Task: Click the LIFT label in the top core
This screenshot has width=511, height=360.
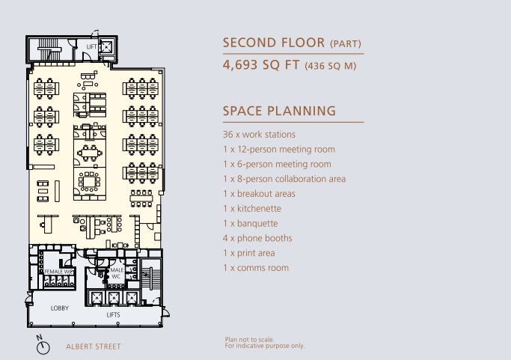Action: pyautogui.click(x=91, y=47)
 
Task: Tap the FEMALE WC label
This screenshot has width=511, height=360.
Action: pyautogui.click(x=58, y=272)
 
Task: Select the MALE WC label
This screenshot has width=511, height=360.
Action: pyautogui.click(x=117, y=273)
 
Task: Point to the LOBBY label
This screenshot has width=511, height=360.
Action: pyautogui.click(x=60, y=308)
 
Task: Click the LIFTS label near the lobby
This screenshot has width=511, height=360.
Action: pyautogui.click(x=113, y=315)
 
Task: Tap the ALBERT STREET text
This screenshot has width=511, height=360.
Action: pyautogui.click(x=94, y=347)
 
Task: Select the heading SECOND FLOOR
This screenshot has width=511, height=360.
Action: pyautogui.click(x=274, y=43)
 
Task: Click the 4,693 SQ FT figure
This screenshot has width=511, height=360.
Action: pyautogui.click(x=261, y=64)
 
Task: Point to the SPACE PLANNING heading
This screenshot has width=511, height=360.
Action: pyautogui.click(x=279, y=111)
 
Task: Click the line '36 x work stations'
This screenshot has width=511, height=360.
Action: pyautogui.click(x=259, y=135)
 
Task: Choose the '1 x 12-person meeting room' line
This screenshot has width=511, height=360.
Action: pyautogui.click(x=279, y=150)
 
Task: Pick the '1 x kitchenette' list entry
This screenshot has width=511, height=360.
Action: pyautogui.click(x=252, y=209)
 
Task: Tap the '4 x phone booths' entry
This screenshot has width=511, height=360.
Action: pyautogui.click(x=257, y=238)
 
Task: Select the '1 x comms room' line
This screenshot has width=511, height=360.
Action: pyautogui.click(x=256, y=268)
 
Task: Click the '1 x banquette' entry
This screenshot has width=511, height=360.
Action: pyautogui.click(x=251, y=224)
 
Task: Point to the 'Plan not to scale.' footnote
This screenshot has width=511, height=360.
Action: pyautogui.click(x=250, y=340)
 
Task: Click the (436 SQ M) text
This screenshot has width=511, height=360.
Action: pyautogui.click(x=331, y=66)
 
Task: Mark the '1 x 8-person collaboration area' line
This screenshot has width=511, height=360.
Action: pyautogui.click(x=284, y=179)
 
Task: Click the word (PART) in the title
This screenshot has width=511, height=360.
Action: pyautogui.click(x=346, y=44)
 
